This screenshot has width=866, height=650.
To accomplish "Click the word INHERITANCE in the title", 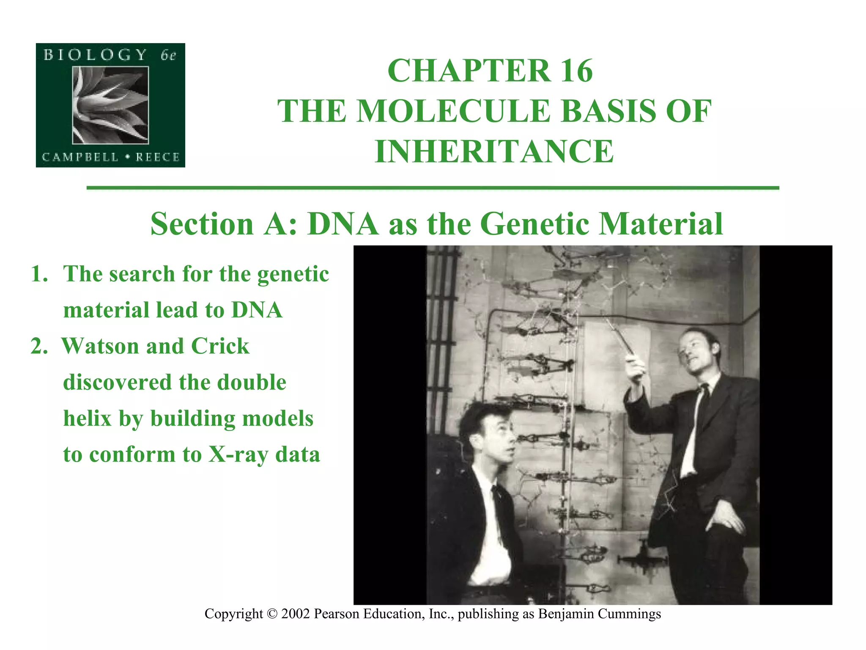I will point(494,151).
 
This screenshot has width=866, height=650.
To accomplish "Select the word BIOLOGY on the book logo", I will point(95,55).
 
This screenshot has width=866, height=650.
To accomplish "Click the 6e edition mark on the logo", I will point(168,55).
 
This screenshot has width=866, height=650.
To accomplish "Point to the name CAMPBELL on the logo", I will point(80,157).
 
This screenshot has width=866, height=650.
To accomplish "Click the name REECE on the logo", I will point(157,157).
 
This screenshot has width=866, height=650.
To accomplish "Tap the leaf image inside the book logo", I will point(110,105).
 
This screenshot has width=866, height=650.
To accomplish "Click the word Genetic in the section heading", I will point(535,223).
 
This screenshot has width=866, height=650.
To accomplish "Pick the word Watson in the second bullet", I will point(101,346).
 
